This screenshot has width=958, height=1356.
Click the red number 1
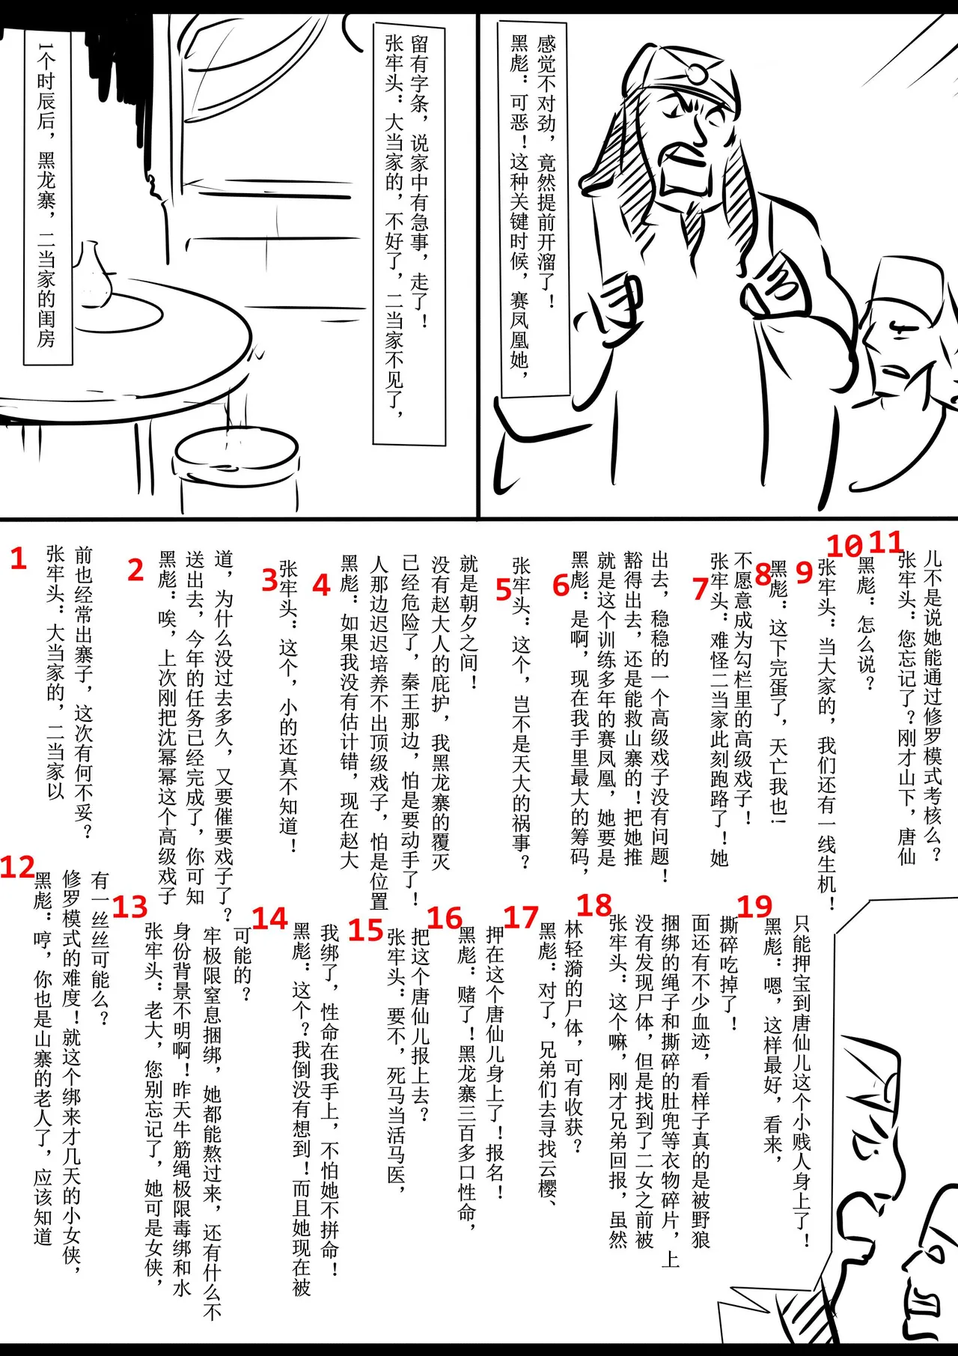(19, 558)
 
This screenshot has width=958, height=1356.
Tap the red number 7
(701, 588)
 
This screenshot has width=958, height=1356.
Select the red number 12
(17, 867)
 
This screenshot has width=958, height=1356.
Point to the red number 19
(754, 906)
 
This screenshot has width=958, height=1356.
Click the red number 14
(269, 918)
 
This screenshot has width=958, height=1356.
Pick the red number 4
(321, 585)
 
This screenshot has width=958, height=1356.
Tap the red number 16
(445, 918)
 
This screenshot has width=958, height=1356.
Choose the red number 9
(804, 572)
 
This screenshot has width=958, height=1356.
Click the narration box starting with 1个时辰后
(47, 195)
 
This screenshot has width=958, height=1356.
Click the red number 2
(135, 570)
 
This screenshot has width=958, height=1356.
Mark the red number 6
(561, 585)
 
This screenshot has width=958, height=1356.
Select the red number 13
(129, 907)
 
